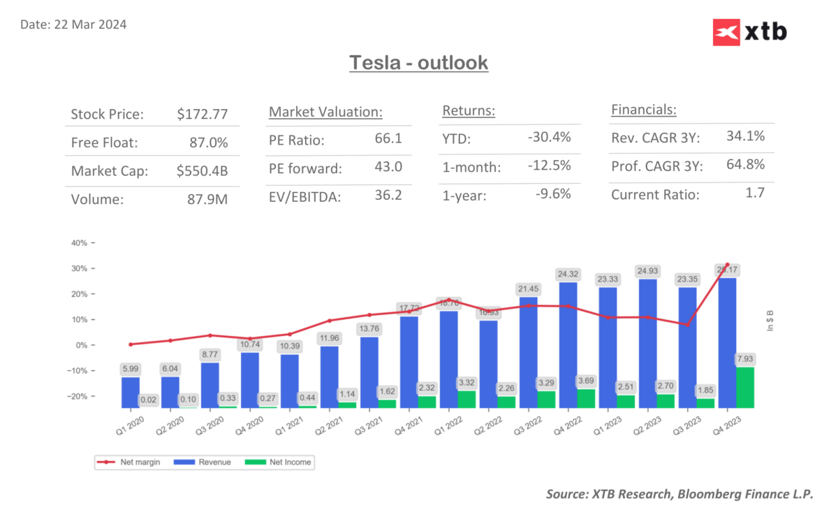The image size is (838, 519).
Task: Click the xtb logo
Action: point(749,32)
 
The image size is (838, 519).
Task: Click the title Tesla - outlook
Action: point(418,63)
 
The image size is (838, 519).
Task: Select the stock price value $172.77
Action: point(203,114)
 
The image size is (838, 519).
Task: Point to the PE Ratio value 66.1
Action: point(388,138)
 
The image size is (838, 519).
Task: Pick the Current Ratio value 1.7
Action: point(754,193)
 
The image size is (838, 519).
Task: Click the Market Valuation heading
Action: point(325,112)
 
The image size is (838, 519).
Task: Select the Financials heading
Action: point(644,110)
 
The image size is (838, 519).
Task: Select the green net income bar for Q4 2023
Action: point(744,388)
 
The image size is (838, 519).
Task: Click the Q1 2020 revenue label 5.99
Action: point(130,369)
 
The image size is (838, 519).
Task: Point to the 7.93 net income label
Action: point(744,358)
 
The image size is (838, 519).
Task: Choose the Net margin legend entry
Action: point(130,462)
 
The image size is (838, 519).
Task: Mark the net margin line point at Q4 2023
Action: point(727,265)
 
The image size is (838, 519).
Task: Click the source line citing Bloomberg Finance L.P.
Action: point(679,494)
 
